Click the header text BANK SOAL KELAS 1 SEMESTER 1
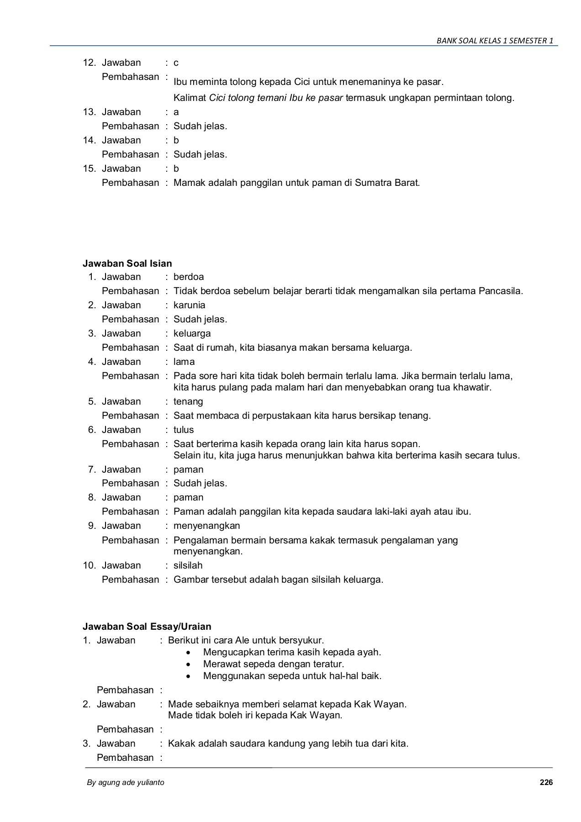click(x=495, y=41)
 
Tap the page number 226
click(x=546, y=782)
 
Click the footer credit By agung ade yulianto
click(x=126, y=782)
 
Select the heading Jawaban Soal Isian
click(x=127, y=263)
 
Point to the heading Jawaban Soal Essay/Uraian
click(x=147, y=626)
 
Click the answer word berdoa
click(x=189, y=277)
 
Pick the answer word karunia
click(x=190, y=305)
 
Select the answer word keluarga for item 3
click(x=192, y=333)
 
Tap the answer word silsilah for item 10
click(x=188, y=565)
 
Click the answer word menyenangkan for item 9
click(x=206, y=526)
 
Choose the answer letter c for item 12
click(x=176, y=63)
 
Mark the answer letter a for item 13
click(x=176, y=112)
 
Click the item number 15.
click(x=89, y=169)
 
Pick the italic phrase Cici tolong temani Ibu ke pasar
click(x=276, y=98)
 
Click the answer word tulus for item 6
click(x=184, y=430)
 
